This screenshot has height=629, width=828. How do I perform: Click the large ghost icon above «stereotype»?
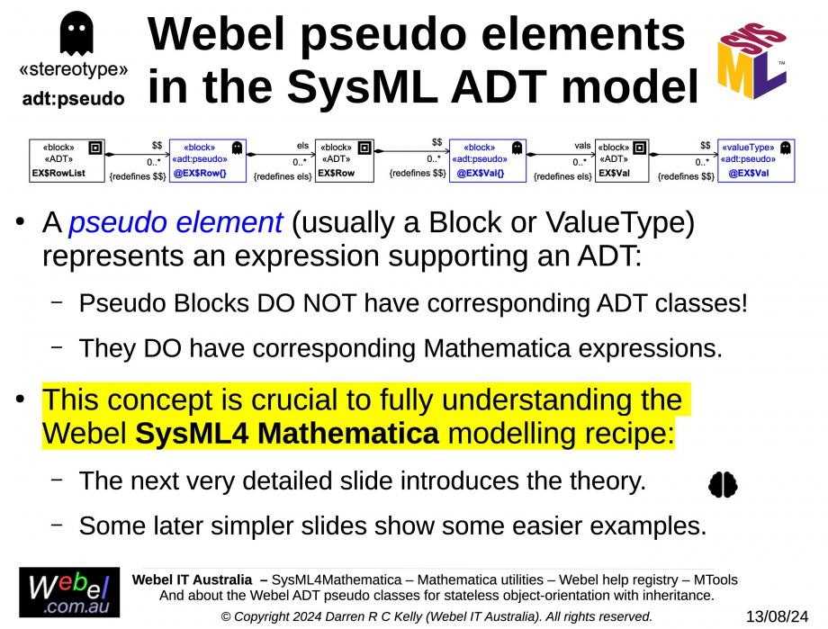tap(76, 32)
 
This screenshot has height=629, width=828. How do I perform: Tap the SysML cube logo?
tap(752, 60)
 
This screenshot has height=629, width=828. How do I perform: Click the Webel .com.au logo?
tap(69, 592)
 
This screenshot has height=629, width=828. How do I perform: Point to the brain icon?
tap(723, 484)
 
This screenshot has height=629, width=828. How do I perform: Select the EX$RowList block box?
tap(67, 160)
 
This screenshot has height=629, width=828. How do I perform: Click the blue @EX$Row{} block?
tap(208, 160)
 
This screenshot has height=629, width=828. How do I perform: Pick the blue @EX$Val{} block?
tap(488, 160)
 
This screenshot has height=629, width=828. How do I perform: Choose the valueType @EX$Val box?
tap(756, 160)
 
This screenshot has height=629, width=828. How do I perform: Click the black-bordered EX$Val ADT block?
tap(622, 160)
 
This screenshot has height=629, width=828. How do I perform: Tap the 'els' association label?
tap(302, 145)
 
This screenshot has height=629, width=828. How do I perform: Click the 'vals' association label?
tap(582, 145)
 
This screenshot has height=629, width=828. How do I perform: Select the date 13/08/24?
tap(777, 616)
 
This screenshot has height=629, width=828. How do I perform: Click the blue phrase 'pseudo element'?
tap(175, 222)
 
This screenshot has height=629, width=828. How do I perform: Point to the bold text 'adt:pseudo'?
tap(74, 99)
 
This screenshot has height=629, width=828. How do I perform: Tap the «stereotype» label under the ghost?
tap(74, 69)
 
